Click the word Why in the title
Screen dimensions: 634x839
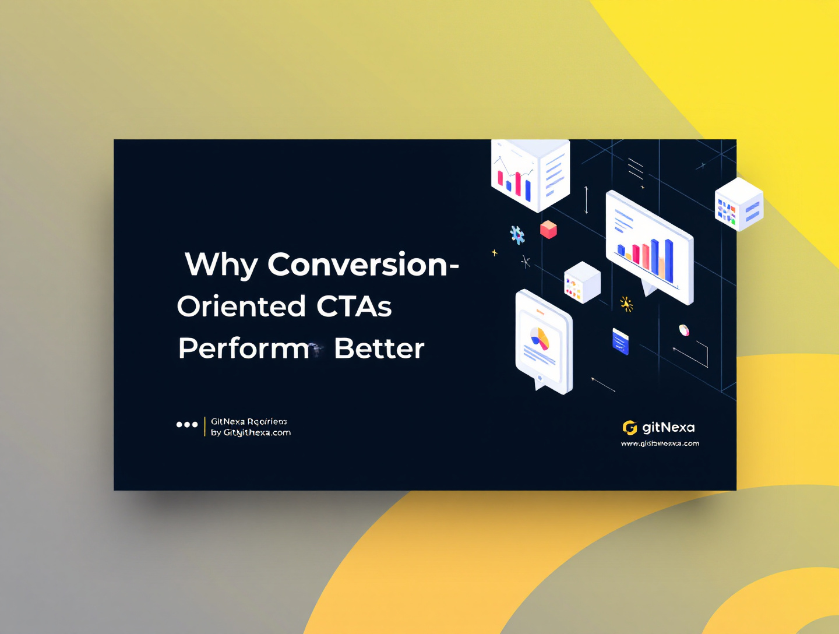pyautogui.click(x=221, y=265)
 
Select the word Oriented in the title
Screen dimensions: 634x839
pyautogui.click(x=241, y=307)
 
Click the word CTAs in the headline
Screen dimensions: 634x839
pyautogui.click(x=354, y=307)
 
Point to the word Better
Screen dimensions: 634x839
pyautogui.click(x=379, y=348)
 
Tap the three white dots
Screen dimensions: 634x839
pyautogui.click(x=187, y=425)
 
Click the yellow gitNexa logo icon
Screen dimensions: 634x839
pyautogui.click(x=629, y=428)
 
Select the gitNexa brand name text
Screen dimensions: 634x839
pyautogui.click(x=668, y=428)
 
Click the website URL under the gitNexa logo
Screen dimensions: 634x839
pyautogui.click(x=660, y=443)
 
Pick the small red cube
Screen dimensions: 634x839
pyautogui.click(x=548, y=229)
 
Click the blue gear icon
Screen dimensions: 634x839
pyautogui.click(x=517, y=235)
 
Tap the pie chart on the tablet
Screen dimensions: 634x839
pyautogui.click(x=540, y=338)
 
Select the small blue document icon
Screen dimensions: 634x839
pyautogui.click(x=621, y=341)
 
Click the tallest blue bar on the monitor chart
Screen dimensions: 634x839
pyautogui.click(x=669, y=260)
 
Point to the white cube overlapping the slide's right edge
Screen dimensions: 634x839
pyautogui.click(x=739, y=205)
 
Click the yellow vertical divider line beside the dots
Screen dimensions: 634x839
pyautogui.click(x=205, y=427)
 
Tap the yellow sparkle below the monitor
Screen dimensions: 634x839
pyautogui.click(x=626, y=304)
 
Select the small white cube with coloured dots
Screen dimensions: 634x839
pyautogui.click(x=581, y=283)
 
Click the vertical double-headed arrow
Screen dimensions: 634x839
pyautogui.click(x=586, y=200)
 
